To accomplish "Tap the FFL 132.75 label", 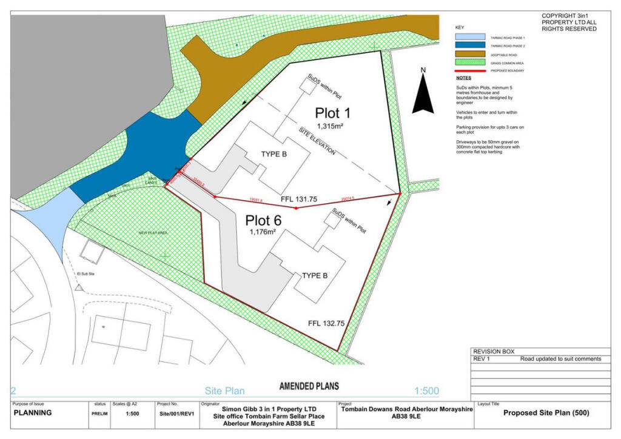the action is point(326,324).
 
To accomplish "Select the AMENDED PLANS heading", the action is point(309,386).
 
